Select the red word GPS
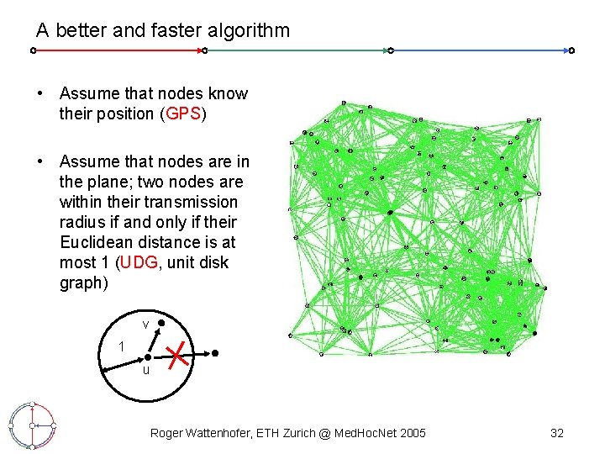[182, 114]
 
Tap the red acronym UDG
[139, 263]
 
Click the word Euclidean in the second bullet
[97, 243]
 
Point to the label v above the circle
[145, 324]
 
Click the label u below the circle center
[145, 370]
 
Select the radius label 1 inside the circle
[122, 346]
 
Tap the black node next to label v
[161, 322]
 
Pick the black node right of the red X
[214, 354]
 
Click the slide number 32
[556, 433]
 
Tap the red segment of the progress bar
[118, 50]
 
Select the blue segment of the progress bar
[479, 50]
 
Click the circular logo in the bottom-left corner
[31, 426]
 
